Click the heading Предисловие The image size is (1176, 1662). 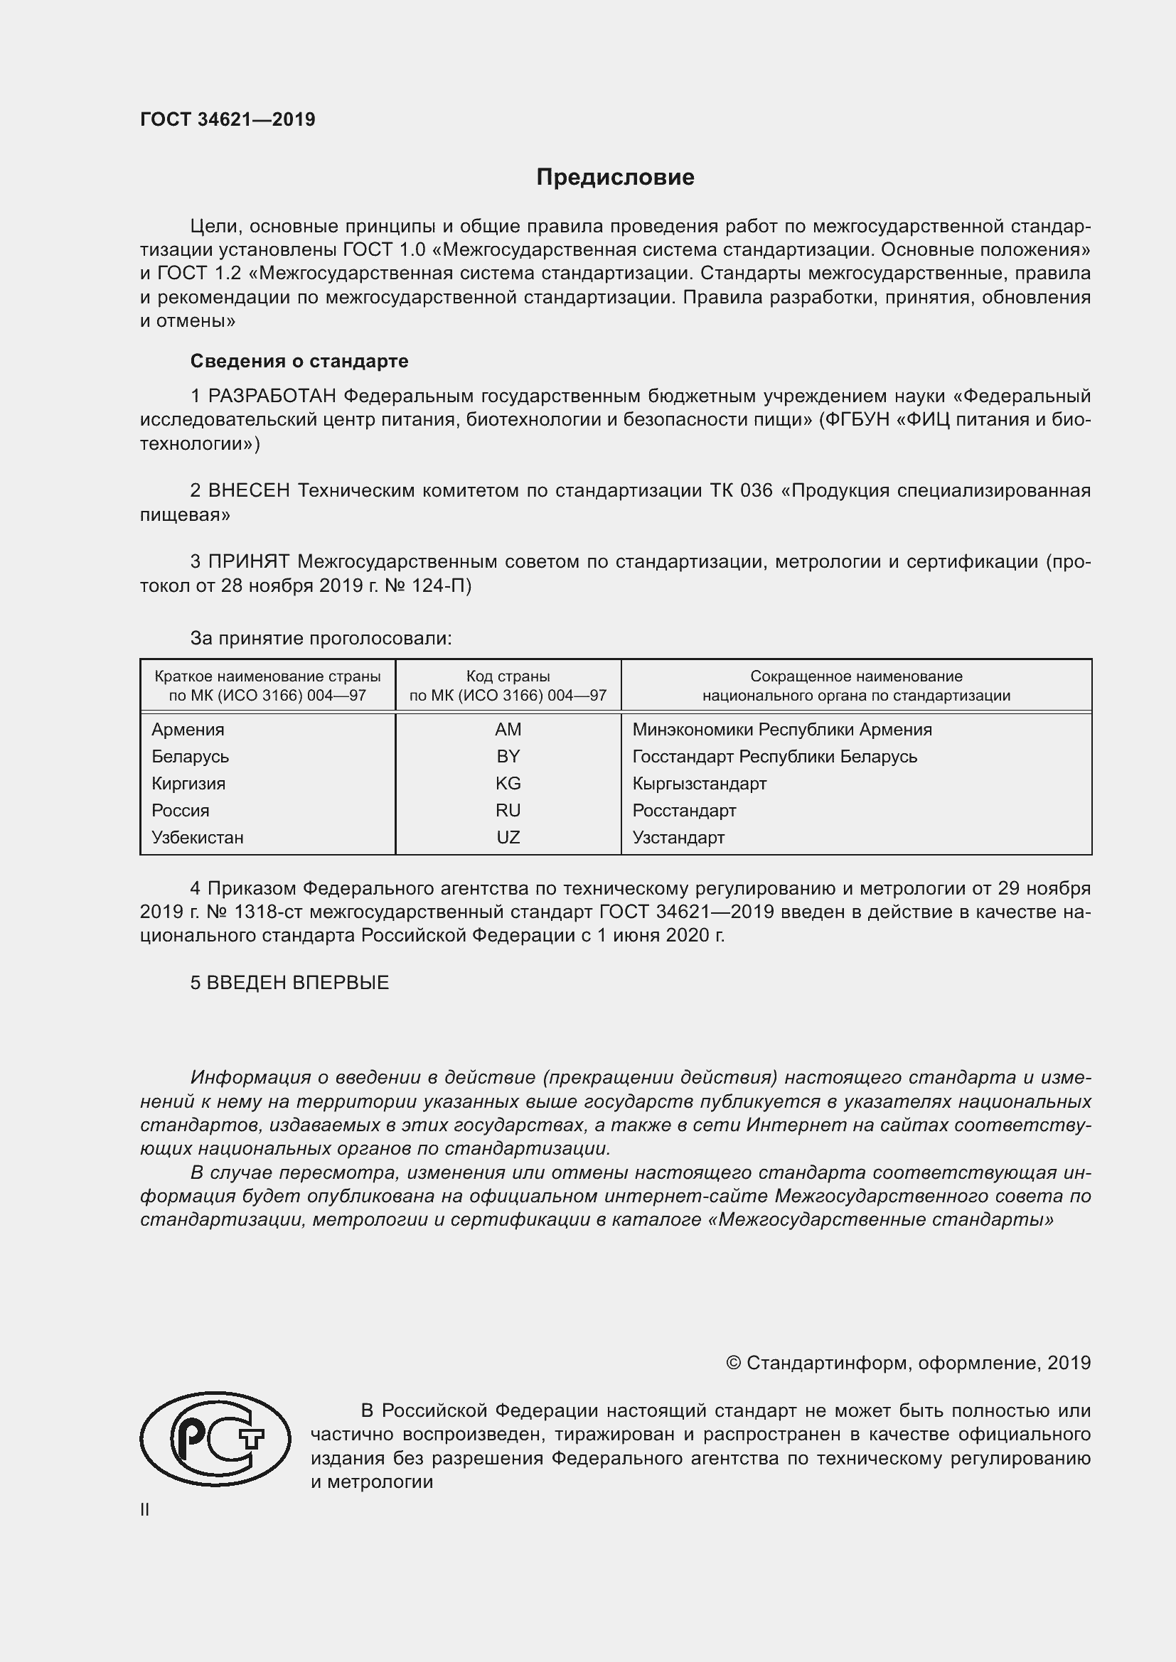click(615, 178)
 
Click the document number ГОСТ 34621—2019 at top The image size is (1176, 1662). click(228, 119)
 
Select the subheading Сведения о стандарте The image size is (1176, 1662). click(299, 361)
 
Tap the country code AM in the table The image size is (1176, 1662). click(508, 730)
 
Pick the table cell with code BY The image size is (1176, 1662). click(508, 757)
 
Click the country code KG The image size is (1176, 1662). click(508, 783)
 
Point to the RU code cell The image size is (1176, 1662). click(508, 810)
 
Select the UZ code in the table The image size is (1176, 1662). click(508, 838)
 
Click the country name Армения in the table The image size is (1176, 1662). click(188, 730)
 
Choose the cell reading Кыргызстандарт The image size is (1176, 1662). click(699, 783)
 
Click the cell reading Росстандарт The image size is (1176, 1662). click(683, 810)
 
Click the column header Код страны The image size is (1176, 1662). click(508, 676)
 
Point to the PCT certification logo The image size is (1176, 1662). click(215, 1439)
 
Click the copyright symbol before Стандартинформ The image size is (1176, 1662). click(733, 1364)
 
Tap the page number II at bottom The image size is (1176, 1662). click(145, 1510)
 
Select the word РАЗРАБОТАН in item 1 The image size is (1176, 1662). click(272, 396)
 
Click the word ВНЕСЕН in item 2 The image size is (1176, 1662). click(248, 491)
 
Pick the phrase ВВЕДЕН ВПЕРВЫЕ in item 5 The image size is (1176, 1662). click(298, 983)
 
